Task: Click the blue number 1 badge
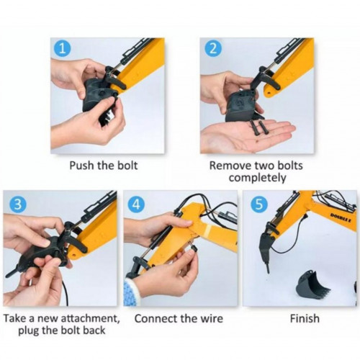coord(63,49)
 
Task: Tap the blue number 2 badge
coord(212,49)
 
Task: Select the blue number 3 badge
coord(17,204)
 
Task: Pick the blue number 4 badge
coord(136,204)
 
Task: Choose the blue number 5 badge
coord(258,204)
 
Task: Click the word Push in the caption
coord(82,166)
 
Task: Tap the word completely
coord(257,178)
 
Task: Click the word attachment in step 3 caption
coord(90,318)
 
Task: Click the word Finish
coord(305,318)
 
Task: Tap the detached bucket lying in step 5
coord(314,285)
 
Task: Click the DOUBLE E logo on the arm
coord(341,217)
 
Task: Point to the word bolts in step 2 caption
coord(290,166)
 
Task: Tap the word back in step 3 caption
coord(94,330)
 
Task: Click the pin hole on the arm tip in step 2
coord(269,92)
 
